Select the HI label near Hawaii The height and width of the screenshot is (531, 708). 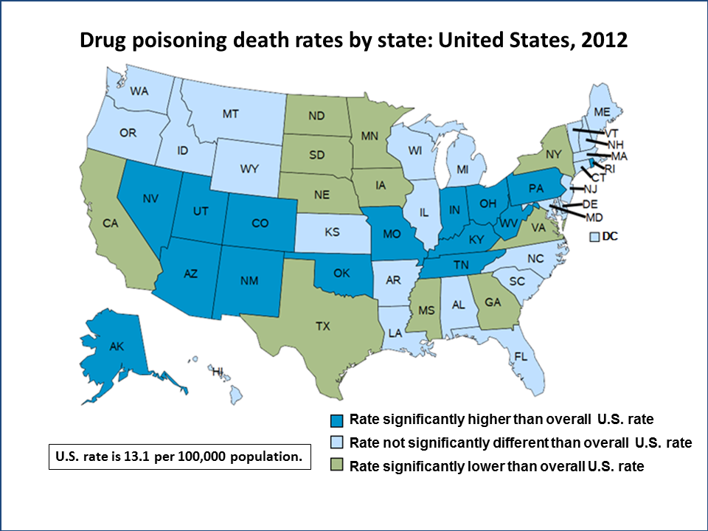[x=218, y=370]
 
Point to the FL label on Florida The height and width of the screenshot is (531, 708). [x=521, y=355]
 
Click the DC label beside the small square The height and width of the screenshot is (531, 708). [x=610, y=236]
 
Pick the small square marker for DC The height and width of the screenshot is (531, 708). [x=594, y=237]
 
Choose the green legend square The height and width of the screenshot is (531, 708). [x=337, y=466]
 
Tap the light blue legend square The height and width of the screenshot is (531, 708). [x=337, y=443]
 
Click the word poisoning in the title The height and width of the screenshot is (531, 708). [x=179, y=40]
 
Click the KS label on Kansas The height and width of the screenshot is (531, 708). [x=331, y=232]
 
